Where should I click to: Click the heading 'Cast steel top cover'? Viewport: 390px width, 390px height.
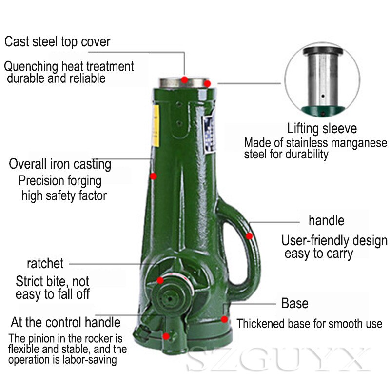(58, 41)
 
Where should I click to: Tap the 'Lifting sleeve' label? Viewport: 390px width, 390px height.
(322, 129)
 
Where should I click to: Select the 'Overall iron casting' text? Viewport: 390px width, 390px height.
(60, 164)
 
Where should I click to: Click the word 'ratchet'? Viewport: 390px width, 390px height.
(45, 264)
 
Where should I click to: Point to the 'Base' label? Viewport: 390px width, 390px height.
(295, 303)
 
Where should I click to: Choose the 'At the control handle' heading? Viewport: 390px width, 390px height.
(66, 322)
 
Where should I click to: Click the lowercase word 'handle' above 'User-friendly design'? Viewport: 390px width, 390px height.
(326, 220)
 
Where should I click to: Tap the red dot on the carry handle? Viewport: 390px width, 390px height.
(250, 236)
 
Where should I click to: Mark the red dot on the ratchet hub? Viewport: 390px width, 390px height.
(160, 280)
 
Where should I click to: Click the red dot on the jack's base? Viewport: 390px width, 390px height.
(224, 319)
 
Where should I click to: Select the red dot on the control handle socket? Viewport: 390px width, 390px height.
(167, 336)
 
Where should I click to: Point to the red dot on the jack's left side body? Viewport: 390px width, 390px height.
(153, 176)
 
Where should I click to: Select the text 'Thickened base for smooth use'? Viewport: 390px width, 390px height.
(310, 324)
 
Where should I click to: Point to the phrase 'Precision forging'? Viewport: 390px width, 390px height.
(60, 181)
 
